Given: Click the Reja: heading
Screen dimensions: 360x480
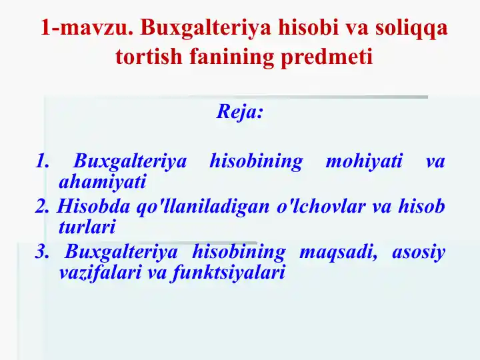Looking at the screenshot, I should point(240,111).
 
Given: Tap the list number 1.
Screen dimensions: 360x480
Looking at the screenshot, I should point(42,161).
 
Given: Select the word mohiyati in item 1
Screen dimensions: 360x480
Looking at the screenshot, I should point(363,161).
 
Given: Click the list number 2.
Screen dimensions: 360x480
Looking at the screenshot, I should point(42,207).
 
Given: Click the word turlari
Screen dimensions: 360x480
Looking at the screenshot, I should point(87,227).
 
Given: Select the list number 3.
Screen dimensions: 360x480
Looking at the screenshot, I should point(42,253).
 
